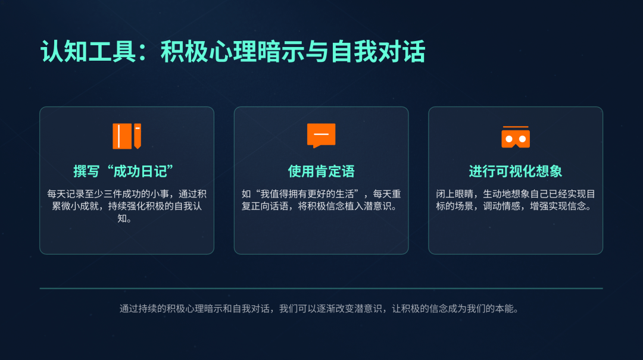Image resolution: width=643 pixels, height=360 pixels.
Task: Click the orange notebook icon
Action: pyautogui.click(x=127, y=136)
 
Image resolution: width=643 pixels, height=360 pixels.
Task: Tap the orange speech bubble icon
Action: pyautogui.click(x=321, y=135)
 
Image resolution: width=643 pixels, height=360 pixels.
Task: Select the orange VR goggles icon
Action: pyautogui.click(x=516, y=136)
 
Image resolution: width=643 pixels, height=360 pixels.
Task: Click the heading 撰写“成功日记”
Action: pyautogui.click(x=123, y=171)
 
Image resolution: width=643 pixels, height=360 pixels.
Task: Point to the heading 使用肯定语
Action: pyautogui.click(x=321, y=171)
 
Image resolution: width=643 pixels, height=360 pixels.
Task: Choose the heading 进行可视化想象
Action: pyautogui.click(x=516, y=171)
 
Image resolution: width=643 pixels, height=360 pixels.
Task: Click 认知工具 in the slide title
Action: pyautogui.click(x=88, y=52)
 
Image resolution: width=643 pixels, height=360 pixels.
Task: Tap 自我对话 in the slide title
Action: pyautogui.click(x=378, y=52)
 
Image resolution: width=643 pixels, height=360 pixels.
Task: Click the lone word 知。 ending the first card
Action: pyautogui.click(x=124, y=218)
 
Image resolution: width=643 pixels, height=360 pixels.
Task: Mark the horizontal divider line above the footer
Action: pyautogui.click(x=321, y=288)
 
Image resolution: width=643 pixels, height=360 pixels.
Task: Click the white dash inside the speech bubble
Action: pyautogui.click(x=321, y=134)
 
